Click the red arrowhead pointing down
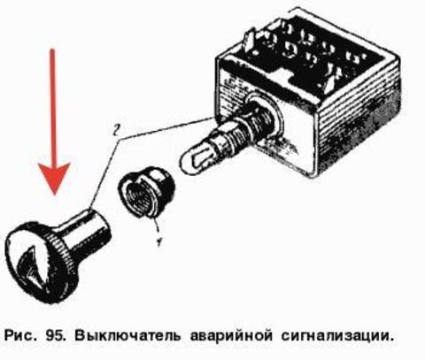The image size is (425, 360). [55, 176]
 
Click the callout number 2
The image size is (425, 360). [116, 130]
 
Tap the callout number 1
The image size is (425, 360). [159, 241]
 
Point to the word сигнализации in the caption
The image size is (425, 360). [337, 336]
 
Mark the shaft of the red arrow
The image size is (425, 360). [53, 106]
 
